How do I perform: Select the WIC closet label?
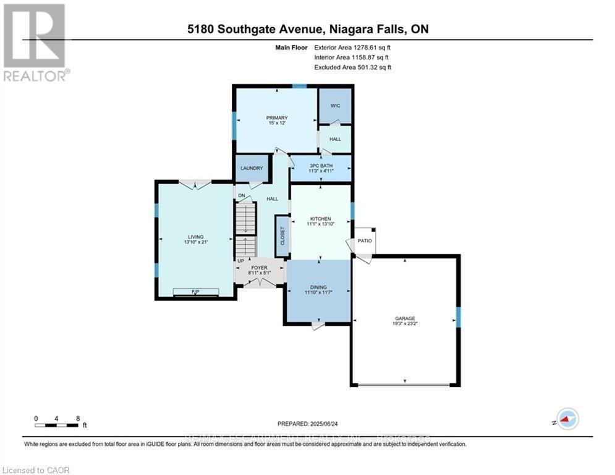tap(335, 106)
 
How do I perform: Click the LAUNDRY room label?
tap(252, 168)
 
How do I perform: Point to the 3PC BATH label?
tap(320, 166)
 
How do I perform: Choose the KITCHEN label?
tap(320, 219)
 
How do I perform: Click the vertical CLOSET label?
tap(282, 236)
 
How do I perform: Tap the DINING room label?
tap(318, 288)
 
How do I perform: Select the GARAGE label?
tap(405, 319)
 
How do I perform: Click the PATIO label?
tap(365, 241)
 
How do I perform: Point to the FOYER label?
tap(259, 268)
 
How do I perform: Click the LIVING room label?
tap(195, 236)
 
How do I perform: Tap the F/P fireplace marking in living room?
tap(195, 291)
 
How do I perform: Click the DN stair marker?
tap(242, 196)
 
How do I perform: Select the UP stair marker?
tap(240, 261)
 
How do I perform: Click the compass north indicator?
tap(567, 419)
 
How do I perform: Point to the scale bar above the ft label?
tap(57, 425)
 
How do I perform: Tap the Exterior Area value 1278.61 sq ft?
tap(353, 46)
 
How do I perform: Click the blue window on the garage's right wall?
tap(458, 317)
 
